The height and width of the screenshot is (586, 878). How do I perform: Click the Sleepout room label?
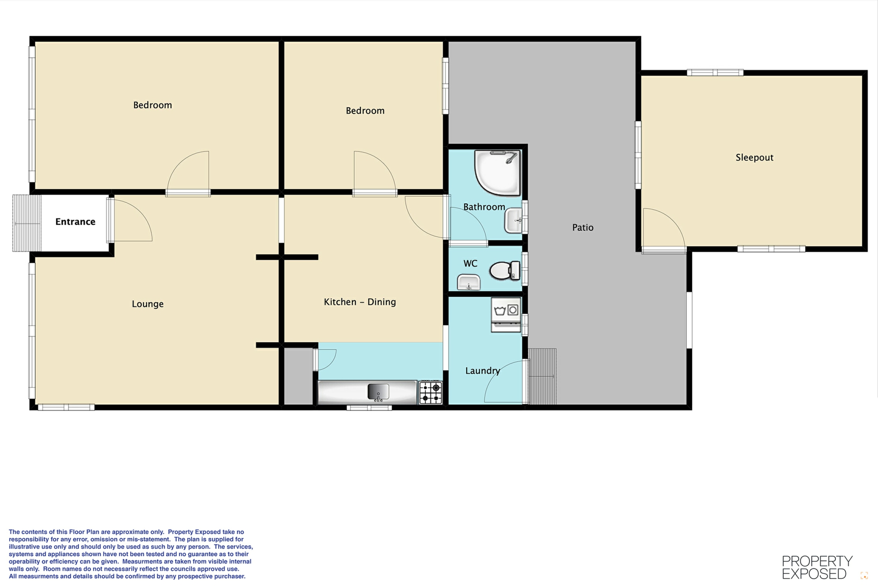click(x=755, y=157)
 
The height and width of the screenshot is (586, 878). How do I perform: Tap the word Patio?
click(x=583, y=228)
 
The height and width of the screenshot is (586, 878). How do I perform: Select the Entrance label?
click(x=75, y=222)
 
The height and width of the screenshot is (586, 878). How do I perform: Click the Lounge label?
click(x=148, y=304)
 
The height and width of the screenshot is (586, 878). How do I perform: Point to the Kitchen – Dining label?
click(x=360, y=302)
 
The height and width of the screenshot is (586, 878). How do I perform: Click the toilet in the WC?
click(x=505, y=270)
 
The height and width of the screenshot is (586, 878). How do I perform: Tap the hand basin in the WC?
click(x=468, y=282)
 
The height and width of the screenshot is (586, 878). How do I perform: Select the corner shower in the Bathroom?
click(x=498, y=173)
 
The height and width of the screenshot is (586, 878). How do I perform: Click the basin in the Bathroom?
click(x=513, y=220)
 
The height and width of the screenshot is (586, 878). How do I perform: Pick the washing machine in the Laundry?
click(x=506, y=315)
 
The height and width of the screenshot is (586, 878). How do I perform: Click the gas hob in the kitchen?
click(x=431, y=392)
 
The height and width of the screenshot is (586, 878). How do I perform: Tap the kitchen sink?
click(x=378, y=392)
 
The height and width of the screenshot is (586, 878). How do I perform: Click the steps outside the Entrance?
click(x=27, y=223)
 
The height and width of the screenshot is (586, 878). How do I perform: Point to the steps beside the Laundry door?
click(x=542, y=376)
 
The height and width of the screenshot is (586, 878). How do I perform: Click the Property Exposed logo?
click(x=817, y=567)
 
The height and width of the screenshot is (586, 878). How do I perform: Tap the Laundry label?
click(x=482, y=371)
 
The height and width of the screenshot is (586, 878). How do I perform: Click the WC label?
click(x=471, y=264)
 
